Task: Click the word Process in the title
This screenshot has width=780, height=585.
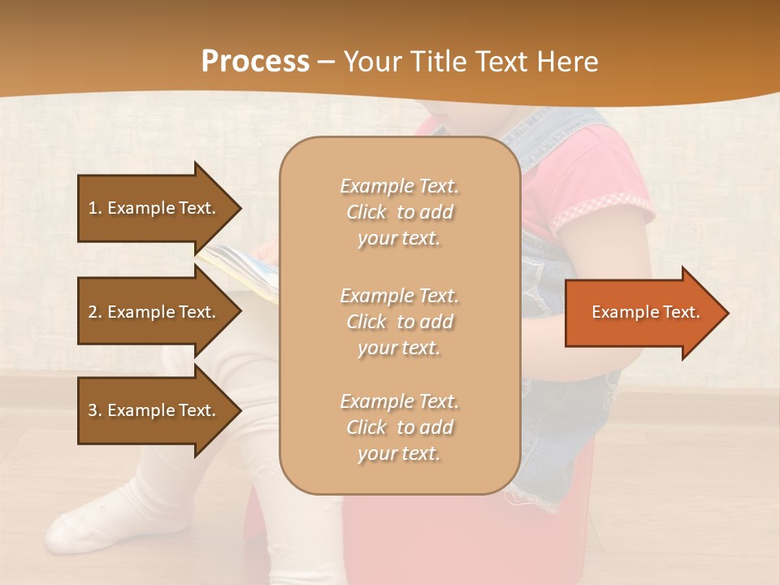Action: click(x=255, y=61)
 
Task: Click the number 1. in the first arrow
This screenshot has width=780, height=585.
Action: click(x=95, y=208)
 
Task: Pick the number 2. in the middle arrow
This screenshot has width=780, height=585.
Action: click(x=95, y=312)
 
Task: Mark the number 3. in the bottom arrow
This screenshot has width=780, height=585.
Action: click(x=95, y=410)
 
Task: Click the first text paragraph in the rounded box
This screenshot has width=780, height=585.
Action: click(x=399, y=212)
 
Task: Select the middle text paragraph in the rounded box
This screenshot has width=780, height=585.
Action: click(x=399, y=322)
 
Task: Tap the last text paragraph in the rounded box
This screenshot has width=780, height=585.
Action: click(x=399, y=427)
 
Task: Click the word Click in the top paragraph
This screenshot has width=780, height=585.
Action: click(x=366, y=212)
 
